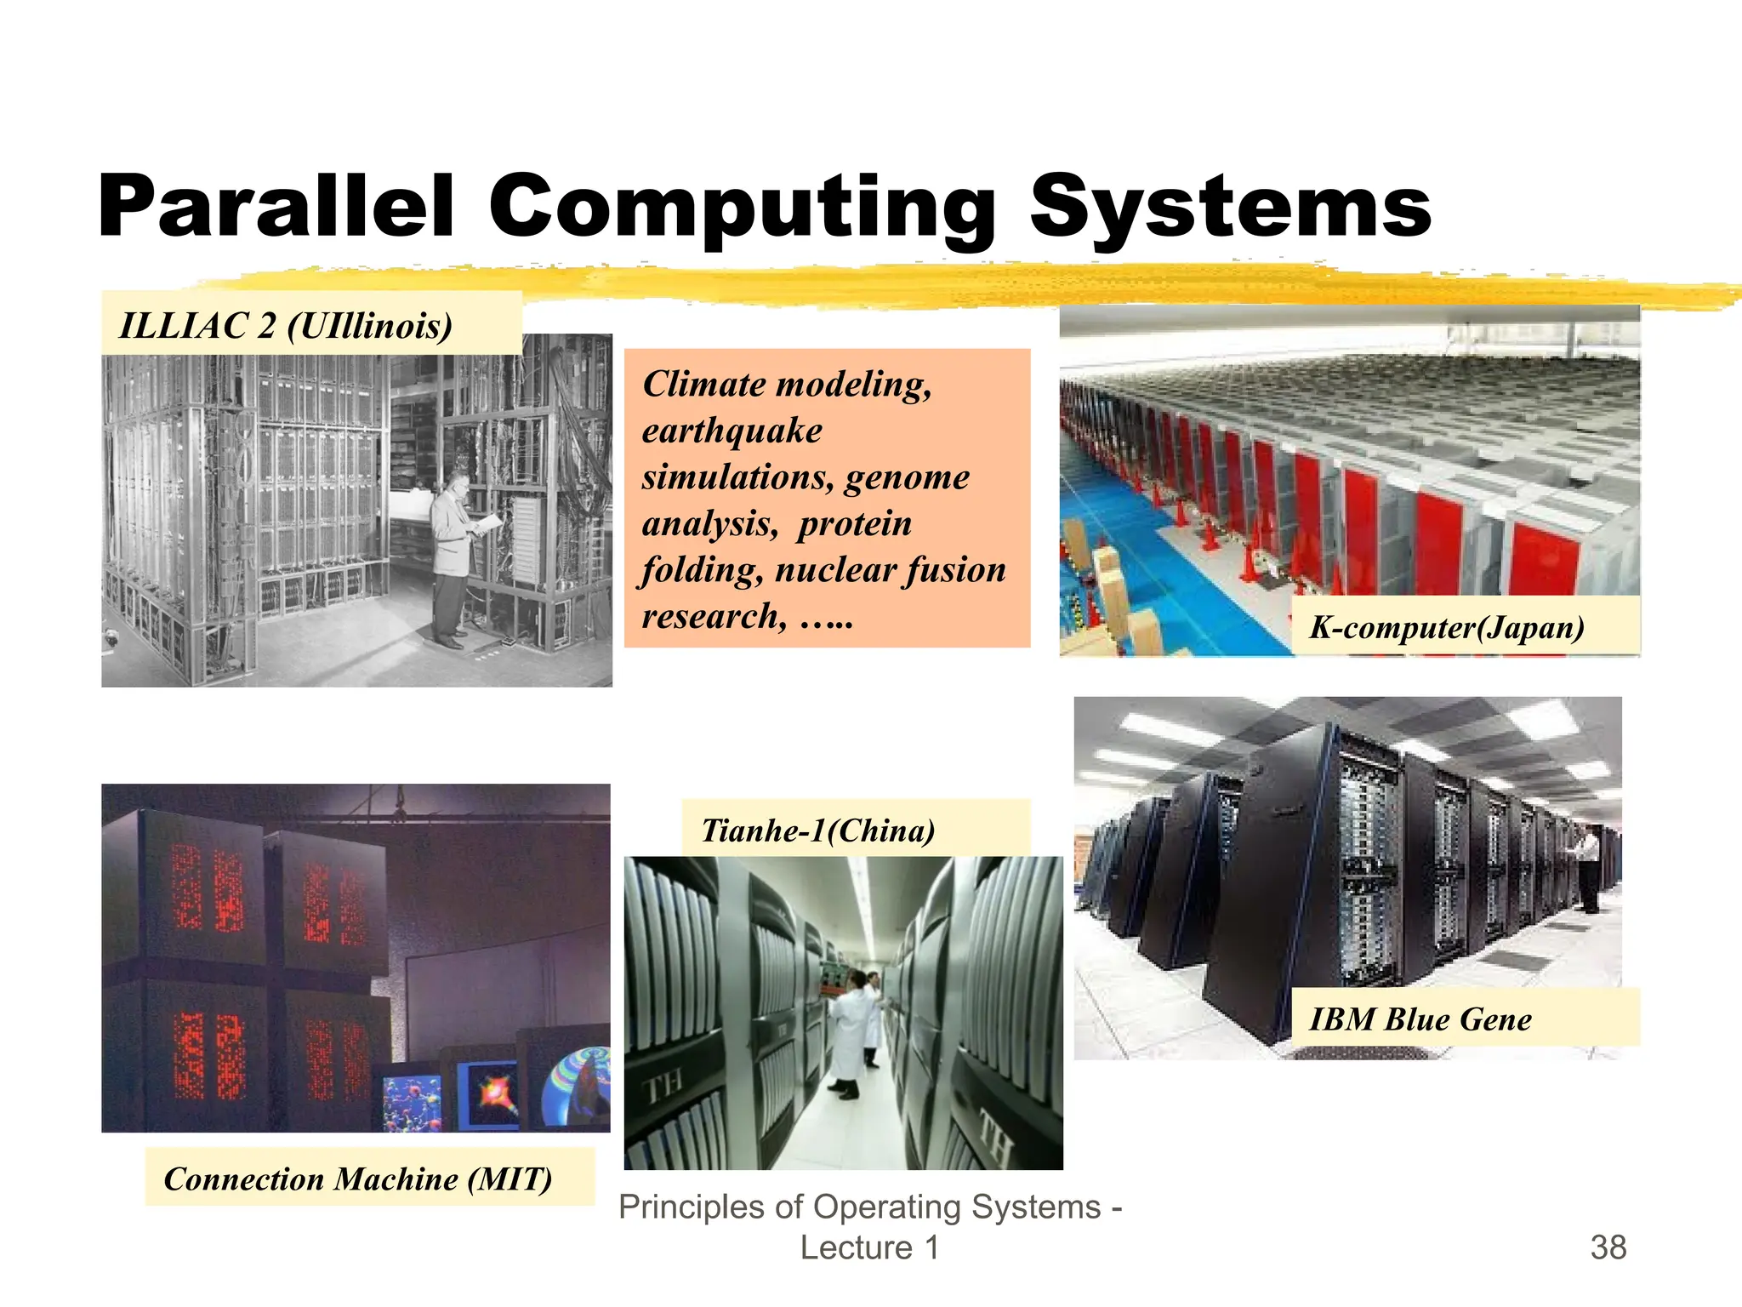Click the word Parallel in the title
pos(276,206)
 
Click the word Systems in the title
pos(1231,208)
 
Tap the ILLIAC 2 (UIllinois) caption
pos(286,326)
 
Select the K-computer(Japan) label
pos(1447,627)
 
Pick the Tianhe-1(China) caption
pos(817,830)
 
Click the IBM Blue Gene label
pos(1420,1019)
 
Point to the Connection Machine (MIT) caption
pos(358,1179)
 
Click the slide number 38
pos(1608,1247)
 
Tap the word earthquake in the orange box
pos(732,431)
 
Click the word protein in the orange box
pos(854,523)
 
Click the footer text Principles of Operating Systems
pos(859,1207)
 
